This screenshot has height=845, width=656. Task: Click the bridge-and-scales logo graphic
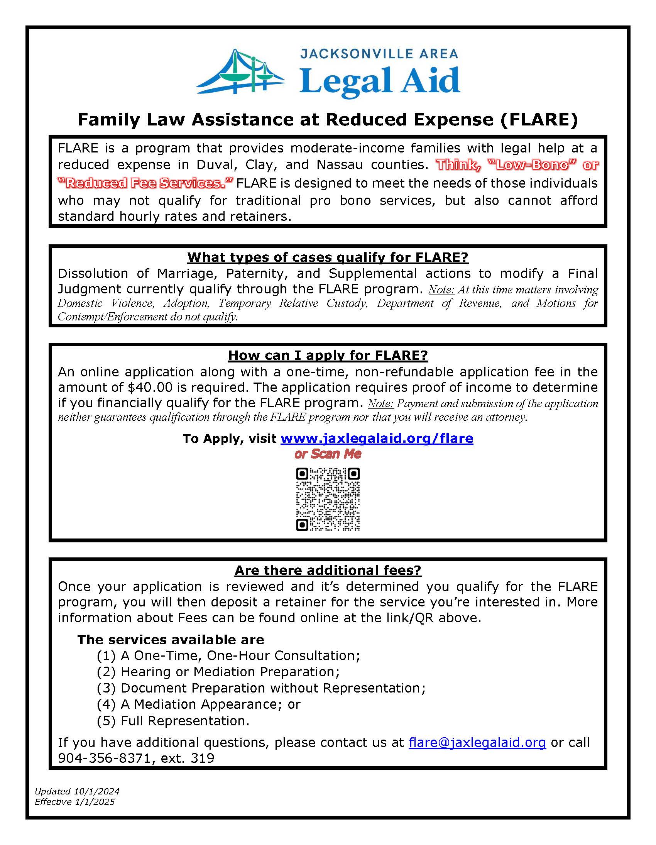click(240, 72)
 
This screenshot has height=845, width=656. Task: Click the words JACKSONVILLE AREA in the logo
click(379, 54)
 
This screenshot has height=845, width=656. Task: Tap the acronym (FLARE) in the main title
click(538, 120)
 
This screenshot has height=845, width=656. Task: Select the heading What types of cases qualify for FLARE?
click(328, 257)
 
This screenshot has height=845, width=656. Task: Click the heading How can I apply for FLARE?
click(328, 355)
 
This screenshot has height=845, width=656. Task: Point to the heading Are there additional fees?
click(328, 570)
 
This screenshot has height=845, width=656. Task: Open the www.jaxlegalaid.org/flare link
click(377, 439)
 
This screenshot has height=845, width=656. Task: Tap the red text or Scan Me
click(328, 454)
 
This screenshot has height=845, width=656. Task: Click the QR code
click(328, 499)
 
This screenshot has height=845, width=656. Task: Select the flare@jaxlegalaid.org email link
click(477, 742)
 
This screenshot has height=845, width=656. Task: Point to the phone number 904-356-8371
click(104, 758)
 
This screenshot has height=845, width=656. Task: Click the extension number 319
click(202, 758)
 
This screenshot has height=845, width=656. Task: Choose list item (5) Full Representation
click(173, 721)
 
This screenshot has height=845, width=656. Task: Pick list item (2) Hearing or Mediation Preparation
click(218, 672)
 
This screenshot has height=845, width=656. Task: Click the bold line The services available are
click(171, 640)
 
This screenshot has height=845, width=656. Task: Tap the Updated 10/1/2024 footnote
click(77, 791)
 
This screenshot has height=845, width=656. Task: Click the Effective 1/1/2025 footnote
click(74, 802)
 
